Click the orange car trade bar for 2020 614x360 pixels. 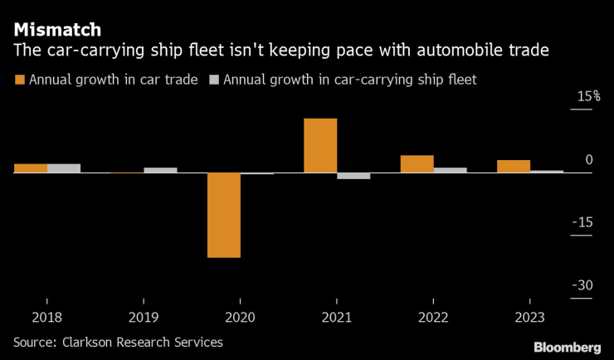pos(224,215)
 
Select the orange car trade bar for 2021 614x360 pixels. pos(320,145)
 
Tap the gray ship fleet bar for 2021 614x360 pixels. pos(353,176)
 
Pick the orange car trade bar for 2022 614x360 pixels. pos(417,164)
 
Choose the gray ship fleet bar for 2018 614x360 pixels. pos(64,168)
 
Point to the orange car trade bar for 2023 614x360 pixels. pos(514,166)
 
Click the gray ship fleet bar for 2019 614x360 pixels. pos(160,170)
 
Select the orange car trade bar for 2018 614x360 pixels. pos(31,168)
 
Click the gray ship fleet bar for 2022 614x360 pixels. pos(450,170)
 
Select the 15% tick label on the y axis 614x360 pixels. pos(589,97)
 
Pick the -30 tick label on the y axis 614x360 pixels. pos(584,285)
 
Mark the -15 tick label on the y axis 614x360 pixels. pos(584,222)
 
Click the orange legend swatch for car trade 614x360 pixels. pos(19,80)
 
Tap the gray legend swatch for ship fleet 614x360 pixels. pos(213,80)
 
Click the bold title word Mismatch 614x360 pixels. pos(57,30)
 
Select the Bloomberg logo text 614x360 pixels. pos(567,346)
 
